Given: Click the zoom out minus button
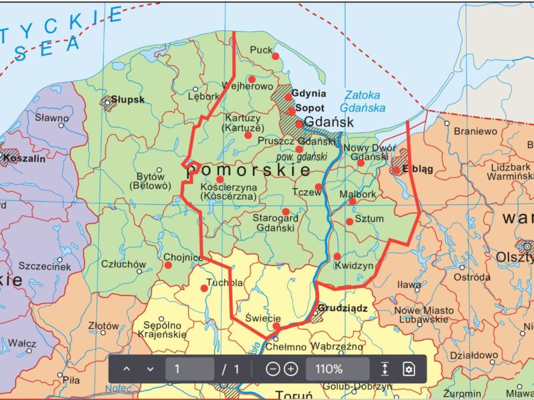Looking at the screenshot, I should [x=272, y=369].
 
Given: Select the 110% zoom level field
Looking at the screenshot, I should [x=337, y=369].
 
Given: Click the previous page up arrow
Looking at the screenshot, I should [x=127, y=369].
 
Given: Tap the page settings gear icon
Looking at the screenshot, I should [x=409, y=369].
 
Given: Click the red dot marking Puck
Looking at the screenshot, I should [x=275, y=56].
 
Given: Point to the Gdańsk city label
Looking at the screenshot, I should [x=328, y=122].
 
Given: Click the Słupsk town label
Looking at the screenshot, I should [x=127, y=100].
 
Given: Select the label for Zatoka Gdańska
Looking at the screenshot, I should [x=362, y=101].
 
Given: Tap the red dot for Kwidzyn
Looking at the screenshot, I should [x=337, y=256].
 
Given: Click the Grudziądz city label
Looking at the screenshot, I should [x=343, y=309].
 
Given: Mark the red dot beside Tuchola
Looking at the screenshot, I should [x=204, y=288].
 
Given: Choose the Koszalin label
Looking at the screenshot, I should [x=25, y=159].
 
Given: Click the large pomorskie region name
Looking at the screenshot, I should [x=249, y=171].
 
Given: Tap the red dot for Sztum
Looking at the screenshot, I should [x=350, y=221].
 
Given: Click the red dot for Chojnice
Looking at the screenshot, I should [x=168, y=265].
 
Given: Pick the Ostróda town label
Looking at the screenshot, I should [x=472, y=277].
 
